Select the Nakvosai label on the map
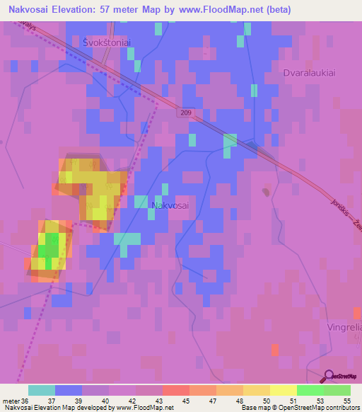click(x=170, y=205)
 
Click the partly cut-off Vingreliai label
click(x=344, y=327)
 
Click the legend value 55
click(x=346, y=400)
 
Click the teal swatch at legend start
click(x=41, y=390)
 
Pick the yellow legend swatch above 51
click(x=282, y=390)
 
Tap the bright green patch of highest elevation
click(x=48, y=249)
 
